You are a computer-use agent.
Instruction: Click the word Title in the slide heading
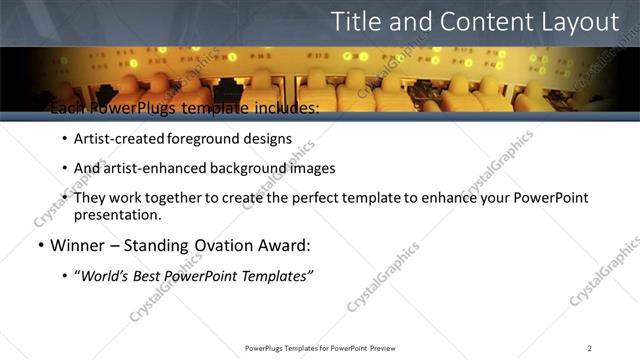(356, 22)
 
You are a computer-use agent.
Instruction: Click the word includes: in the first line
(280, 108)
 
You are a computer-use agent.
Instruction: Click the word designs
(270, 139)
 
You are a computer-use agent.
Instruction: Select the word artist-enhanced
(148, 168)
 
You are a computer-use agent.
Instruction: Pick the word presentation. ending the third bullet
(117, 215)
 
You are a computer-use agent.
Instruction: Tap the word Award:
(289, 245)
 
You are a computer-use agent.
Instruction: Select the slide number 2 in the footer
(590, 348)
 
